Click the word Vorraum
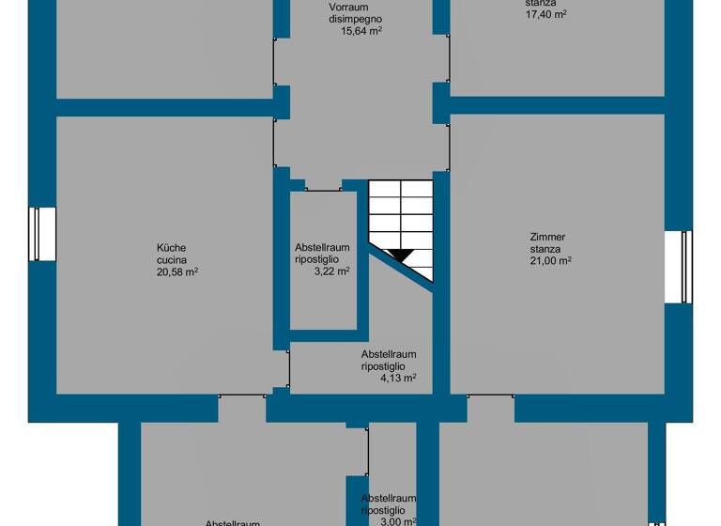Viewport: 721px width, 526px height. [x=347, y=8]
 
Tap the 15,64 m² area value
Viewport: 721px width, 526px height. [x=360, y=31]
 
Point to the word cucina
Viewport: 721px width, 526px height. [x=172, y=260]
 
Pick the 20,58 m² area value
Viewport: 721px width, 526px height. [x=176, y=272]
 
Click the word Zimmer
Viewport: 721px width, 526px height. [x=547, y=238]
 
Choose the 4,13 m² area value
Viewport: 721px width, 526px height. [x=397, y=379]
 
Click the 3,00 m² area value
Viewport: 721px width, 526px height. [x=397, y=521]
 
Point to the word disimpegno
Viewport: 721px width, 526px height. [x=356, y=19]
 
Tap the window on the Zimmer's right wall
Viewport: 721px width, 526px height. [x=678, y=268]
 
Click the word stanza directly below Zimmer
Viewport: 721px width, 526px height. [x=545, y=250]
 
